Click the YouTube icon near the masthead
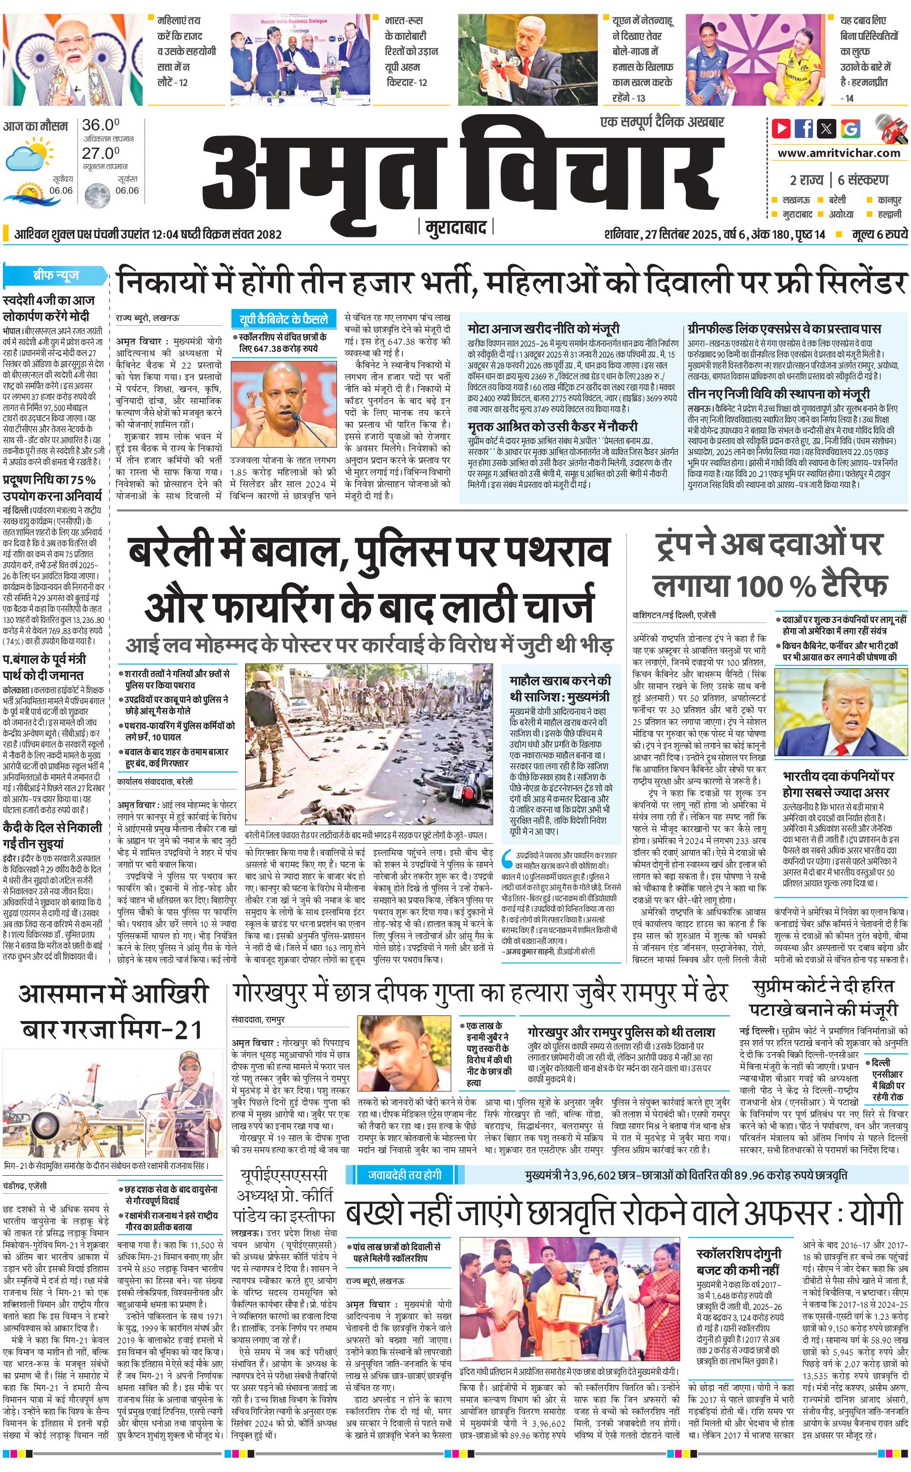point(782,128)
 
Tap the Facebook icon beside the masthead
point(804,128)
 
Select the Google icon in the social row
point(851,128)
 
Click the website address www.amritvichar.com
point(839,153)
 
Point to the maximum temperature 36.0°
point(100,125)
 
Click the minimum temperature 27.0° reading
point(100,154)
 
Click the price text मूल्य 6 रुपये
point(879,234)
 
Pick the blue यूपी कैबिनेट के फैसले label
point(283,319)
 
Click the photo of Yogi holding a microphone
point(283,403)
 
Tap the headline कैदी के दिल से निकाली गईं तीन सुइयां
point(52,836)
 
